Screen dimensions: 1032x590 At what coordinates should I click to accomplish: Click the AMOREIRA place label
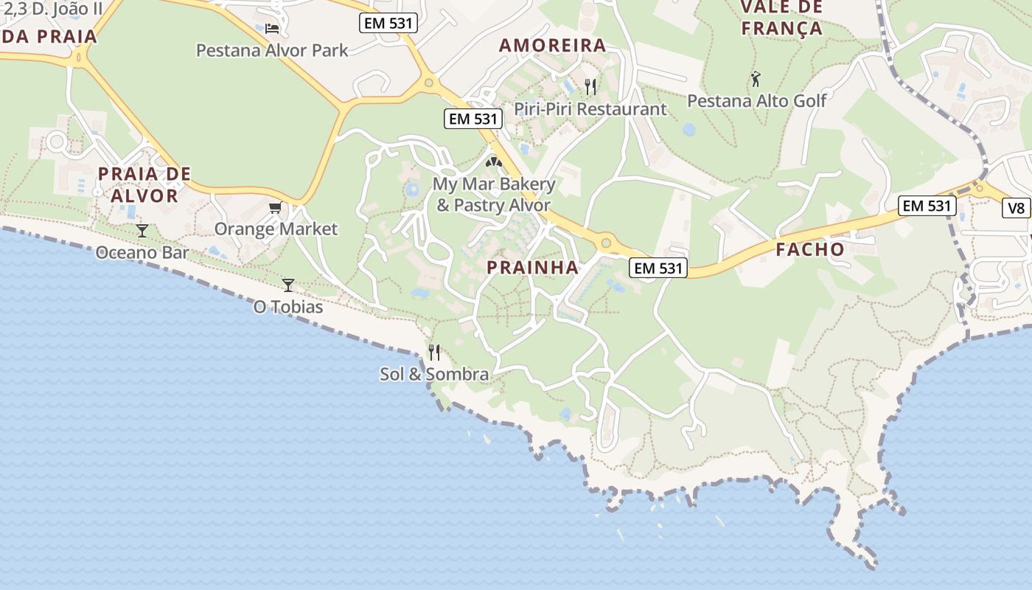coord(552,45)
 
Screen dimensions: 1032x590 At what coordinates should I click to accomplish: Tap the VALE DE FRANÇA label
coord(781,18)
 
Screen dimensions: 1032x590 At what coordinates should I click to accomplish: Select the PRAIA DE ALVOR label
coord(144,184)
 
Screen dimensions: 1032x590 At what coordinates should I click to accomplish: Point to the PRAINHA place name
coord(533,268)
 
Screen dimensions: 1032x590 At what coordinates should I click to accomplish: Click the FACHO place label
coord(810,249)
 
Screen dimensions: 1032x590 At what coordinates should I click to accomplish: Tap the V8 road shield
coord(1017,208)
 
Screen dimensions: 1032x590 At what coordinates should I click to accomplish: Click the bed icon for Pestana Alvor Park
coord(272,29)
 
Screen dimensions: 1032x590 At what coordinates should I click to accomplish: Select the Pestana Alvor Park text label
coord(272,50)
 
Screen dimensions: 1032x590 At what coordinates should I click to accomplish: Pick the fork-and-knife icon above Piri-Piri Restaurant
coord(590,87)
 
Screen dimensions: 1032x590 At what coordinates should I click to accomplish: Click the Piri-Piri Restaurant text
coord(590,109)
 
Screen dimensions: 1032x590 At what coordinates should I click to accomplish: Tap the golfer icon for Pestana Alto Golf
coord(756,78)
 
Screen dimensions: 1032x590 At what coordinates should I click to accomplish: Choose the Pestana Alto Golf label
coord(757,100)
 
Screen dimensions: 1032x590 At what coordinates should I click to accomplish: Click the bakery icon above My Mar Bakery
coord(494,161)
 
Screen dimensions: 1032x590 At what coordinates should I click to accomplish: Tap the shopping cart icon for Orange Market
coord(275,207)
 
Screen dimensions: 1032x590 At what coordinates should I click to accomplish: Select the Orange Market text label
coord(276,229)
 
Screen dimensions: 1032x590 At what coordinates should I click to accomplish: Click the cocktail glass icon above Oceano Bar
coord(142,231)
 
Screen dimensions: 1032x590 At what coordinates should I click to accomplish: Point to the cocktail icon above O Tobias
coord(288,285)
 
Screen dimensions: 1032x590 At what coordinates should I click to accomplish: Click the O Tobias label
coord(288,307)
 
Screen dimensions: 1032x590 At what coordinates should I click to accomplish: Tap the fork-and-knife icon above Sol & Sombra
coord(434,352)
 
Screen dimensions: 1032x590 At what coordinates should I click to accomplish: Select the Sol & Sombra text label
coord(434,374)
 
